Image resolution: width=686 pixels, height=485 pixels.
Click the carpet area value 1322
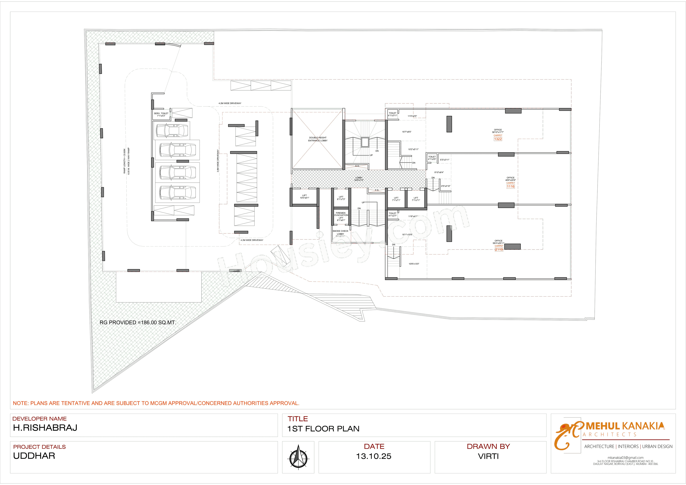[498, 139]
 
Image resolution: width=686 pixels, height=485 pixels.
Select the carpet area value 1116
[511, 187]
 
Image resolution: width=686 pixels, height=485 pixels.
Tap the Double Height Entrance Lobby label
[318, 139]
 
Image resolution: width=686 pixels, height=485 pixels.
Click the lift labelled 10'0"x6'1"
[304, 197]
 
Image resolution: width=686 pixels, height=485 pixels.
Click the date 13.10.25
[374, 456]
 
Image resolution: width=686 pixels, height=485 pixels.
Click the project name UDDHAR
[34, 456]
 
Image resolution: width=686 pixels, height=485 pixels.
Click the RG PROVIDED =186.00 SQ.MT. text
[138, 323]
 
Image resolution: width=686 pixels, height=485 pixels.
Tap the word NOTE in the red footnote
[20, 403]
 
